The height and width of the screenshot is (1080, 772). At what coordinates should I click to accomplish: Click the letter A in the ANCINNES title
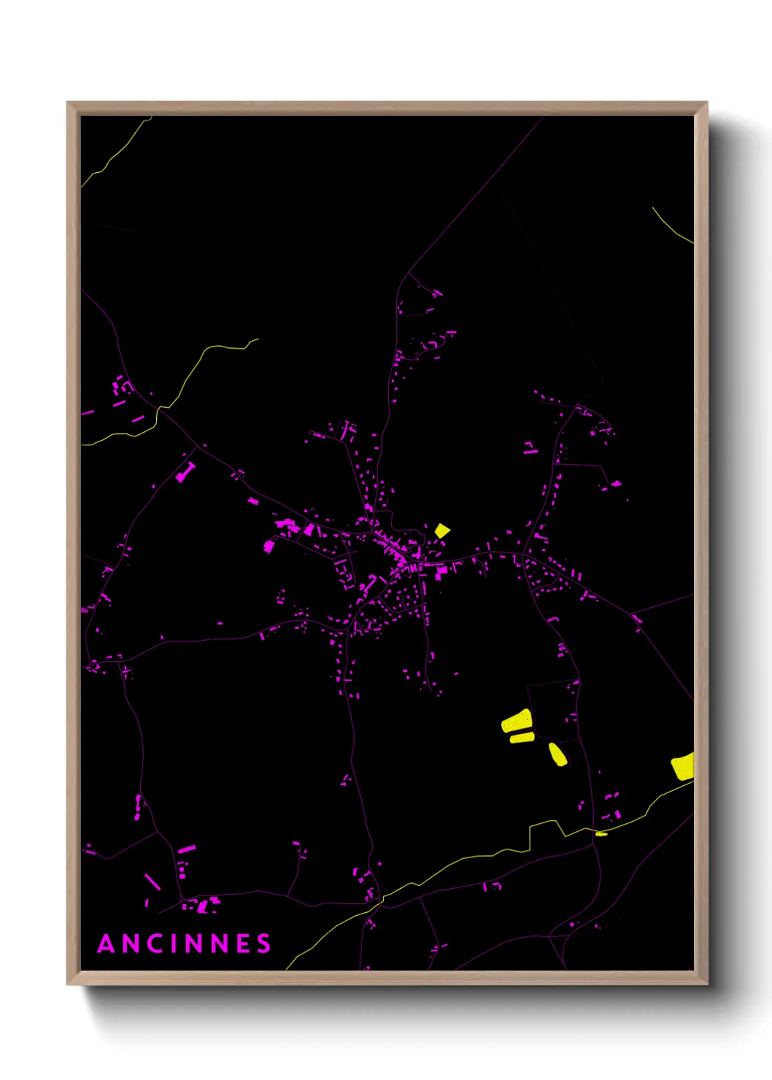(x=107, y=944)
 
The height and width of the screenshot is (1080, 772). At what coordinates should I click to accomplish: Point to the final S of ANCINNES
(x=263, y=944)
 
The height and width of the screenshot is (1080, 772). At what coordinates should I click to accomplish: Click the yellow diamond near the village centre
(x=442, y=531)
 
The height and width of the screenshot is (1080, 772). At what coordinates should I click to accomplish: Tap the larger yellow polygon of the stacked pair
(x=516, y=721)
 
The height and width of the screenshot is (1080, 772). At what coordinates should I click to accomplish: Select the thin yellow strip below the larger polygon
(x=522, y=738)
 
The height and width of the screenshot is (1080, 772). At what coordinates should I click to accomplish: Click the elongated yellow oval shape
(x=557, y=755)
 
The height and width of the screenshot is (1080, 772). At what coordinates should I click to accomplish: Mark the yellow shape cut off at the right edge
(x=684, y=766)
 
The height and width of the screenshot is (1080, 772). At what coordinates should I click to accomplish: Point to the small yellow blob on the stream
(x=601, y=833)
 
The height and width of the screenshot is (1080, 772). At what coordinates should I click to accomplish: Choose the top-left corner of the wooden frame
(x=69, y=104)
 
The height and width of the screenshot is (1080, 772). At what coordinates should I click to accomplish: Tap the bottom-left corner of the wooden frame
(x=69, y=983)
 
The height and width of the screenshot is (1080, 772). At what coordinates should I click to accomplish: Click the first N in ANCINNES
(x=131, y=944)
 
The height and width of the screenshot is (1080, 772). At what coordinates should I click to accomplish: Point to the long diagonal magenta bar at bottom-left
(x=153, y=882)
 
